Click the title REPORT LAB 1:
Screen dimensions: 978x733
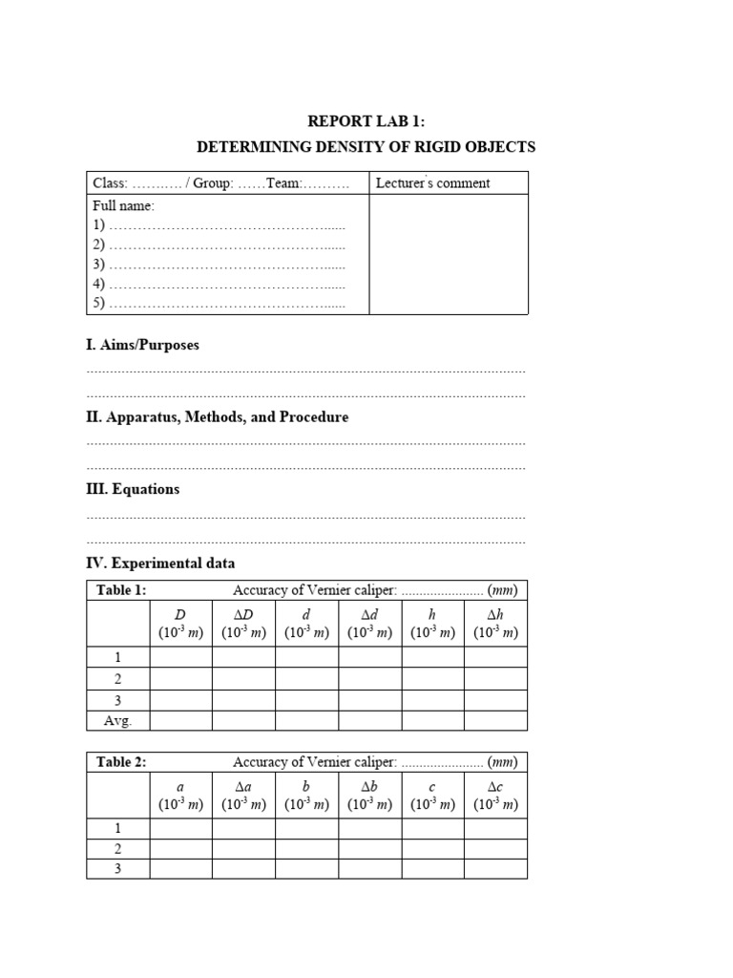click(366, 121)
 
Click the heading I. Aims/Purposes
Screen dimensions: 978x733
click(143, 345)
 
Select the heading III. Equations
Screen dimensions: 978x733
click(133, 489)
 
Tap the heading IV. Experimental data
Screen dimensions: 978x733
click(160, 563)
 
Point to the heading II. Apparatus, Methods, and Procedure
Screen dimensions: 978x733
click(218, 417)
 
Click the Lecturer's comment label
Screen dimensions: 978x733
click(433, 183)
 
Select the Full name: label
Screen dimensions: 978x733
click(123, 205)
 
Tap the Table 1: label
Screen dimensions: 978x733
click(121, 590)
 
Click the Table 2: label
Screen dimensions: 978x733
click(121, 762)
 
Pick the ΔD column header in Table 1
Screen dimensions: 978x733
click(243, 624)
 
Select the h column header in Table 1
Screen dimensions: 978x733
click(432, 624)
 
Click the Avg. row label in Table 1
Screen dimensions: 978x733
click(118, 721)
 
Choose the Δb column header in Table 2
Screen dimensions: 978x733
click(369, 796)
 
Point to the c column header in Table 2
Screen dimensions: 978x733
click(432, 796)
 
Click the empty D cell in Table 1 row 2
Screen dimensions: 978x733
click(180, 678)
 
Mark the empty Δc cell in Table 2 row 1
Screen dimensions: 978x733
click(495, 828)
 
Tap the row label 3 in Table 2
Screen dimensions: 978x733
click(118, 869)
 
